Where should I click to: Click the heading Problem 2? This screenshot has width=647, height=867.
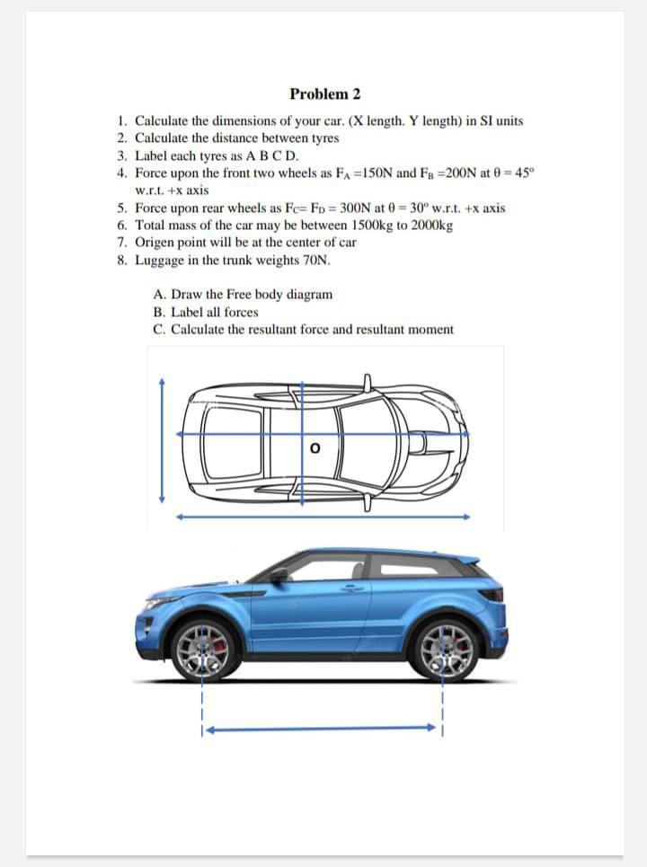[x=324, y=94]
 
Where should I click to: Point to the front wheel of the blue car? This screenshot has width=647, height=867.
[x=205, y=647]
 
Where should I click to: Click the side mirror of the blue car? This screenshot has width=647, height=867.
[x=279, y=574]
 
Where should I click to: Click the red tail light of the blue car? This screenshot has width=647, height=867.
[x=491, y=594]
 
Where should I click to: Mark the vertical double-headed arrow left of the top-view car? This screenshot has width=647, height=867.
[x=162, y=440]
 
